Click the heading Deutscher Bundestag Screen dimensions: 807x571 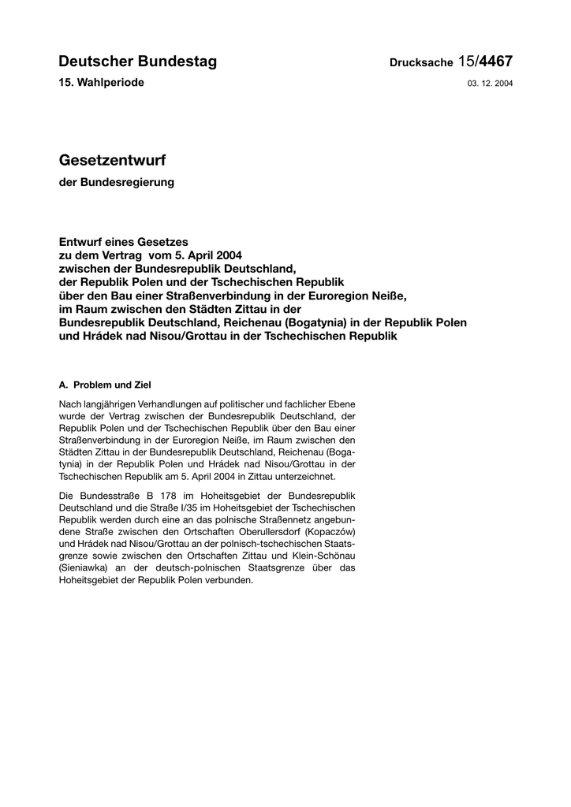(x=137, y=61)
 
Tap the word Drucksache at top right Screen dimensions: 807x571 (x=420, y=63)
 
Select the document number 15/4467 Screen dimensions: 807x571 (x=485, y=61)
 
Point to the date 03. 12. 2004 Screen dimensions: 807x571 (x=491, y=83)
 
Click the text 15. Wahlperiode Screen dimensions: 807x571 (x=102, y=82)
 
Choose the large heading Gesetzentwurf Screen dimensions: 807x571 (x=113, y=160)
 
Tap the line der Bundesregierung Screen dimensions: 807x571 (x=117, y=183)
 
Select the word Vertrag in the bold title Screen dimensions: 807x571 (x=119, y=255)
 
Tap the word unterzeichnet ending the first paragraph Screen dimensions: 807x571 (x=306, y=477)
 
